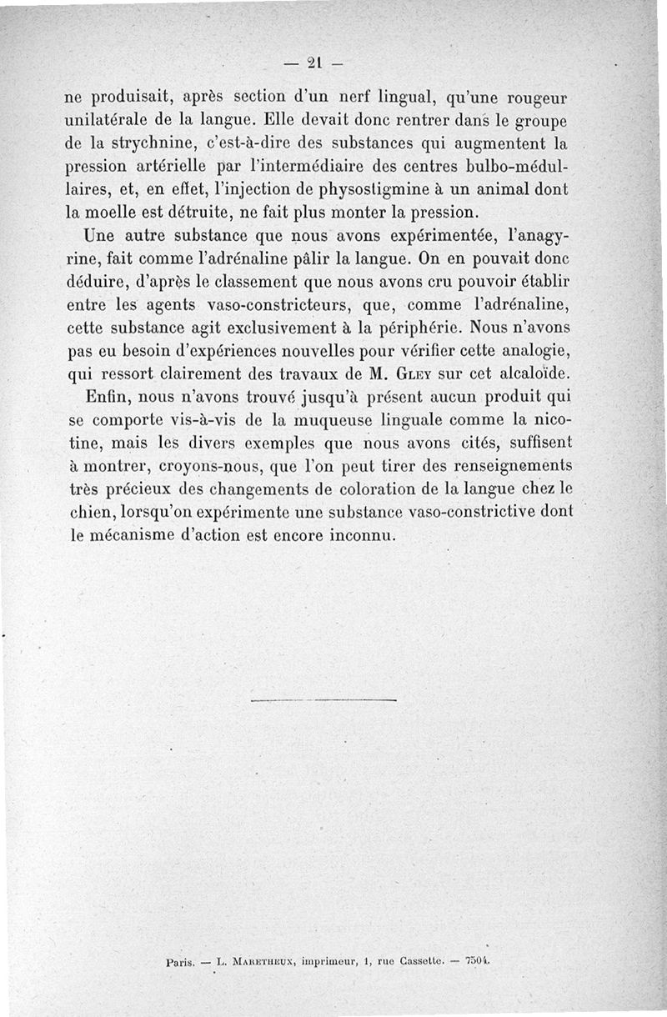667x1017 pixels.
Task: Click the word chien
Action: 89,513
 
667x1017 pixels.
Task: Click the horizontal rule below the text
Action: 323,700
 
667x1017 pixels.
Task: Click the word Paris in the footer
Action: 181,961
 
